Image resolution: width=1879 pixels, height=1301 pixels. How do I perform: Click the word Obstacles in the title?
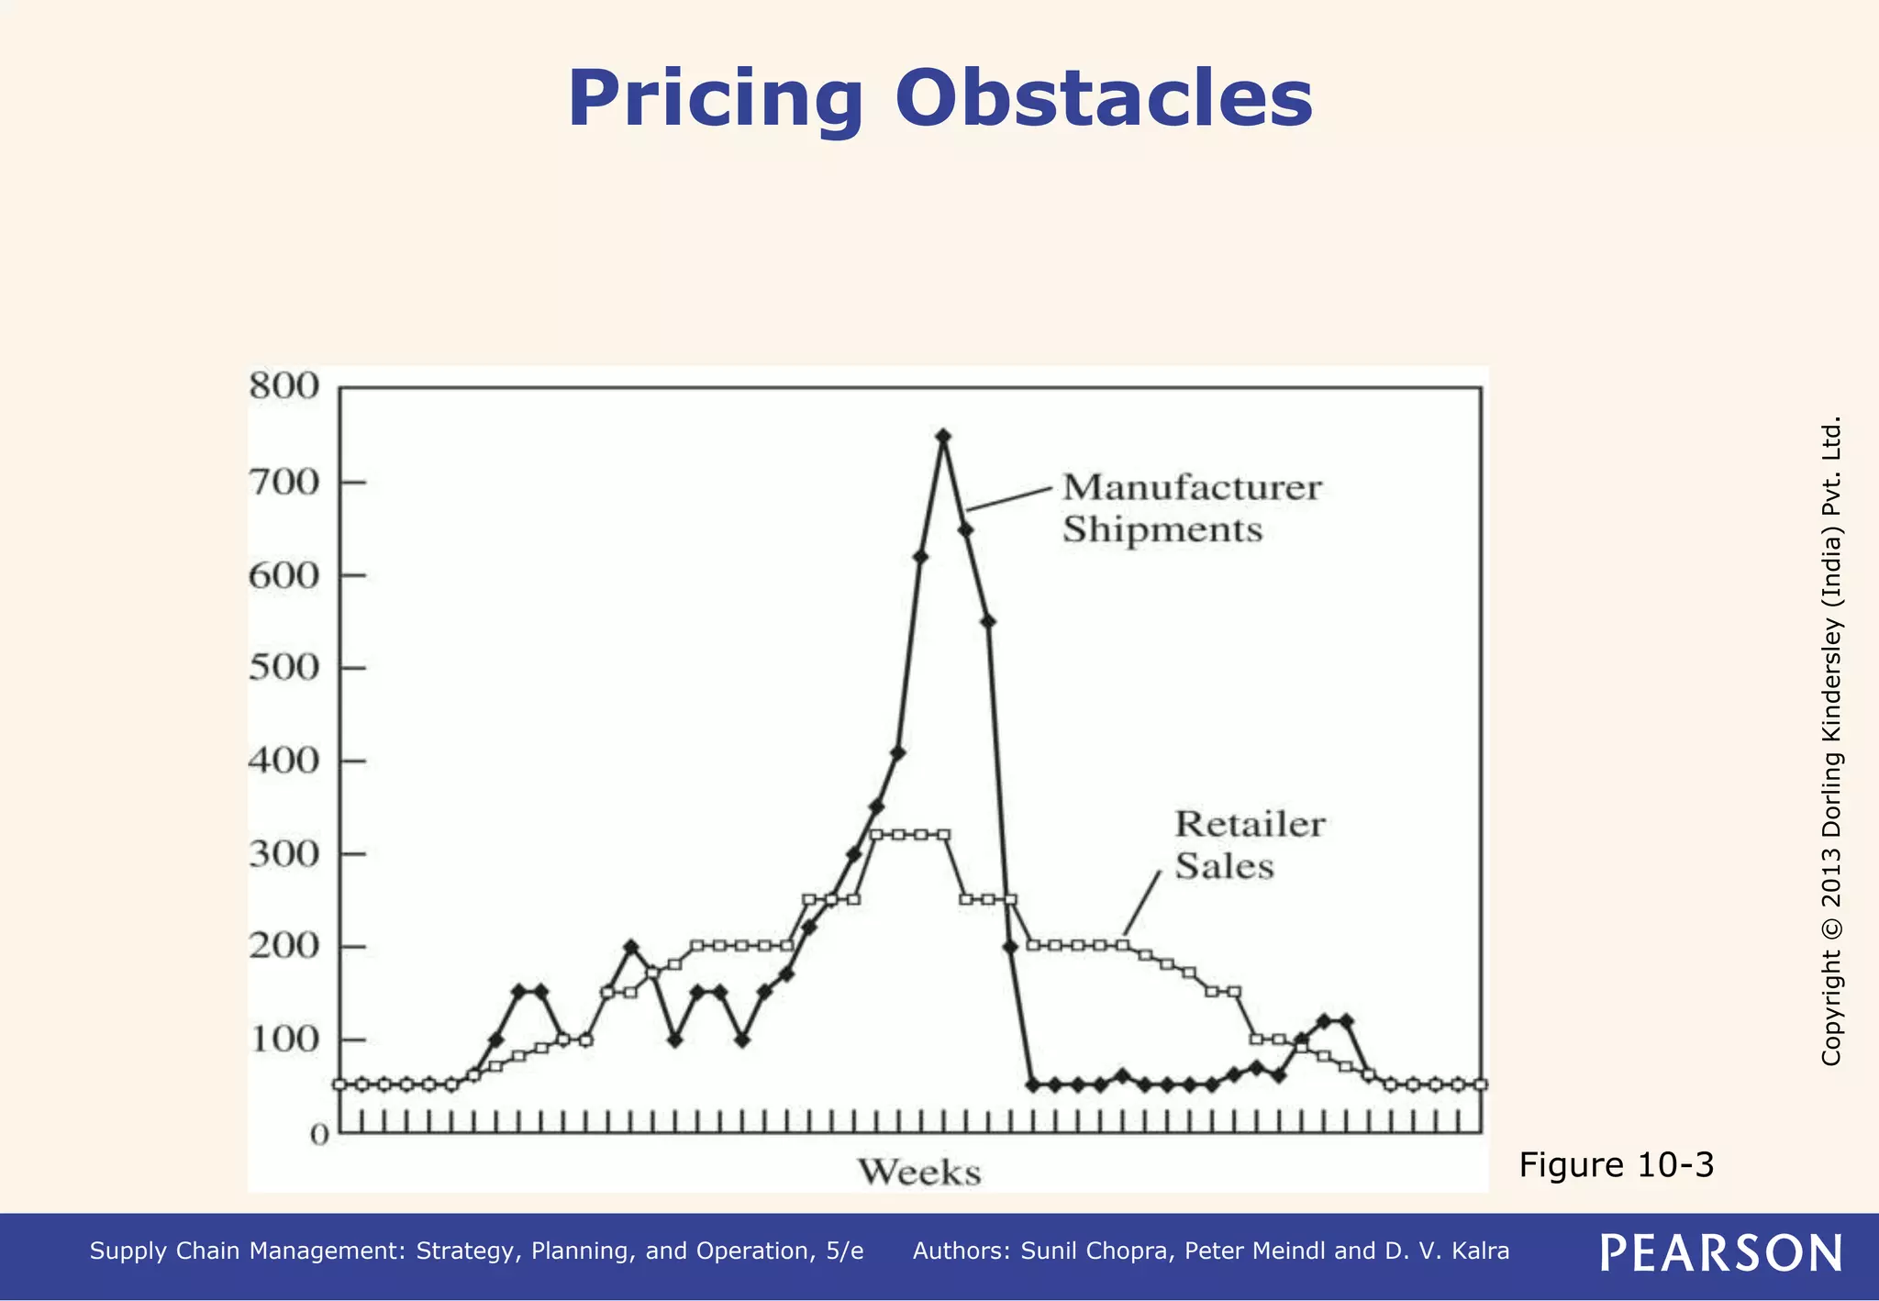pos(1104,99)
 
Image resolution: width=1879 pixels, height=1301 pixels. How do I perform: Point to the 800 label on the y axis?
pos(284,386)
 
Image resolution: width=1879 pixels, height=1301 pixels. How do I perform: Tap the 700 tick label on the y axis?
pos(284,482)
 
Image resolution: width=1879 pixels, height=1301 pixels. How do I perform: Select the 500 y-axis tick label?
pos(284,667)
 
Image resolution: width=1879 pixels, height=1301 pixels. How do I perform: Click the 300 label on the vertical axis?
pos(284,853)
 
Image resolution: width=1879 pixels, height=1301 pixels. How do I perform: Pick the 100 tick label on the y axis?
pos(284,1040)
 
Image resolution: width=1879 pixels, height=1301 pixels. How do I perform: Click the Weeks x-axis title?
pos(919,1173)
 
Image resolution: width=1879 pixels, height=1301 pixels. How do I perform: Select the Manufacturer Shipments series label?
pos(1191,508)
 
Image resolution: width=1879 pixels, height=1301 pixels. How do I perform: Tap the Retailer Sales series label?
pos(1249,845)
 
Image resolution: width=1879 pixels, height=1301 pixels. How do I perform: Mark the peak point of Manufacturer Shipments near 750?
pos(942,436)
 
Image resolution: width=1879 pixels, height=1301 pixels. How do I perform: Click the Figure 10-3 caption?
pos(1616,1164)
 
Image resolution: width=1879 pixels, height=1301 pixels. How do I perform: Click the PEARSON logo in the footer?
pos(1720,1252)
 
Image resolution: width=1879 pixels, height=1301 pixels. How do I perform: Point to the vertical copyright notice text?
pos(1831,740)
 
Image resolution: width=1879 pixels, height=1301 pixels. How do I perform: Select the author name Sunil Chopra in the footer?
pos(1096,1251)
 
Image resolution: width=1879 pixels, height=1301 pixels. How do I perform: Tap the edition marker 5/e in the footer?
pos(844,1251)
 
